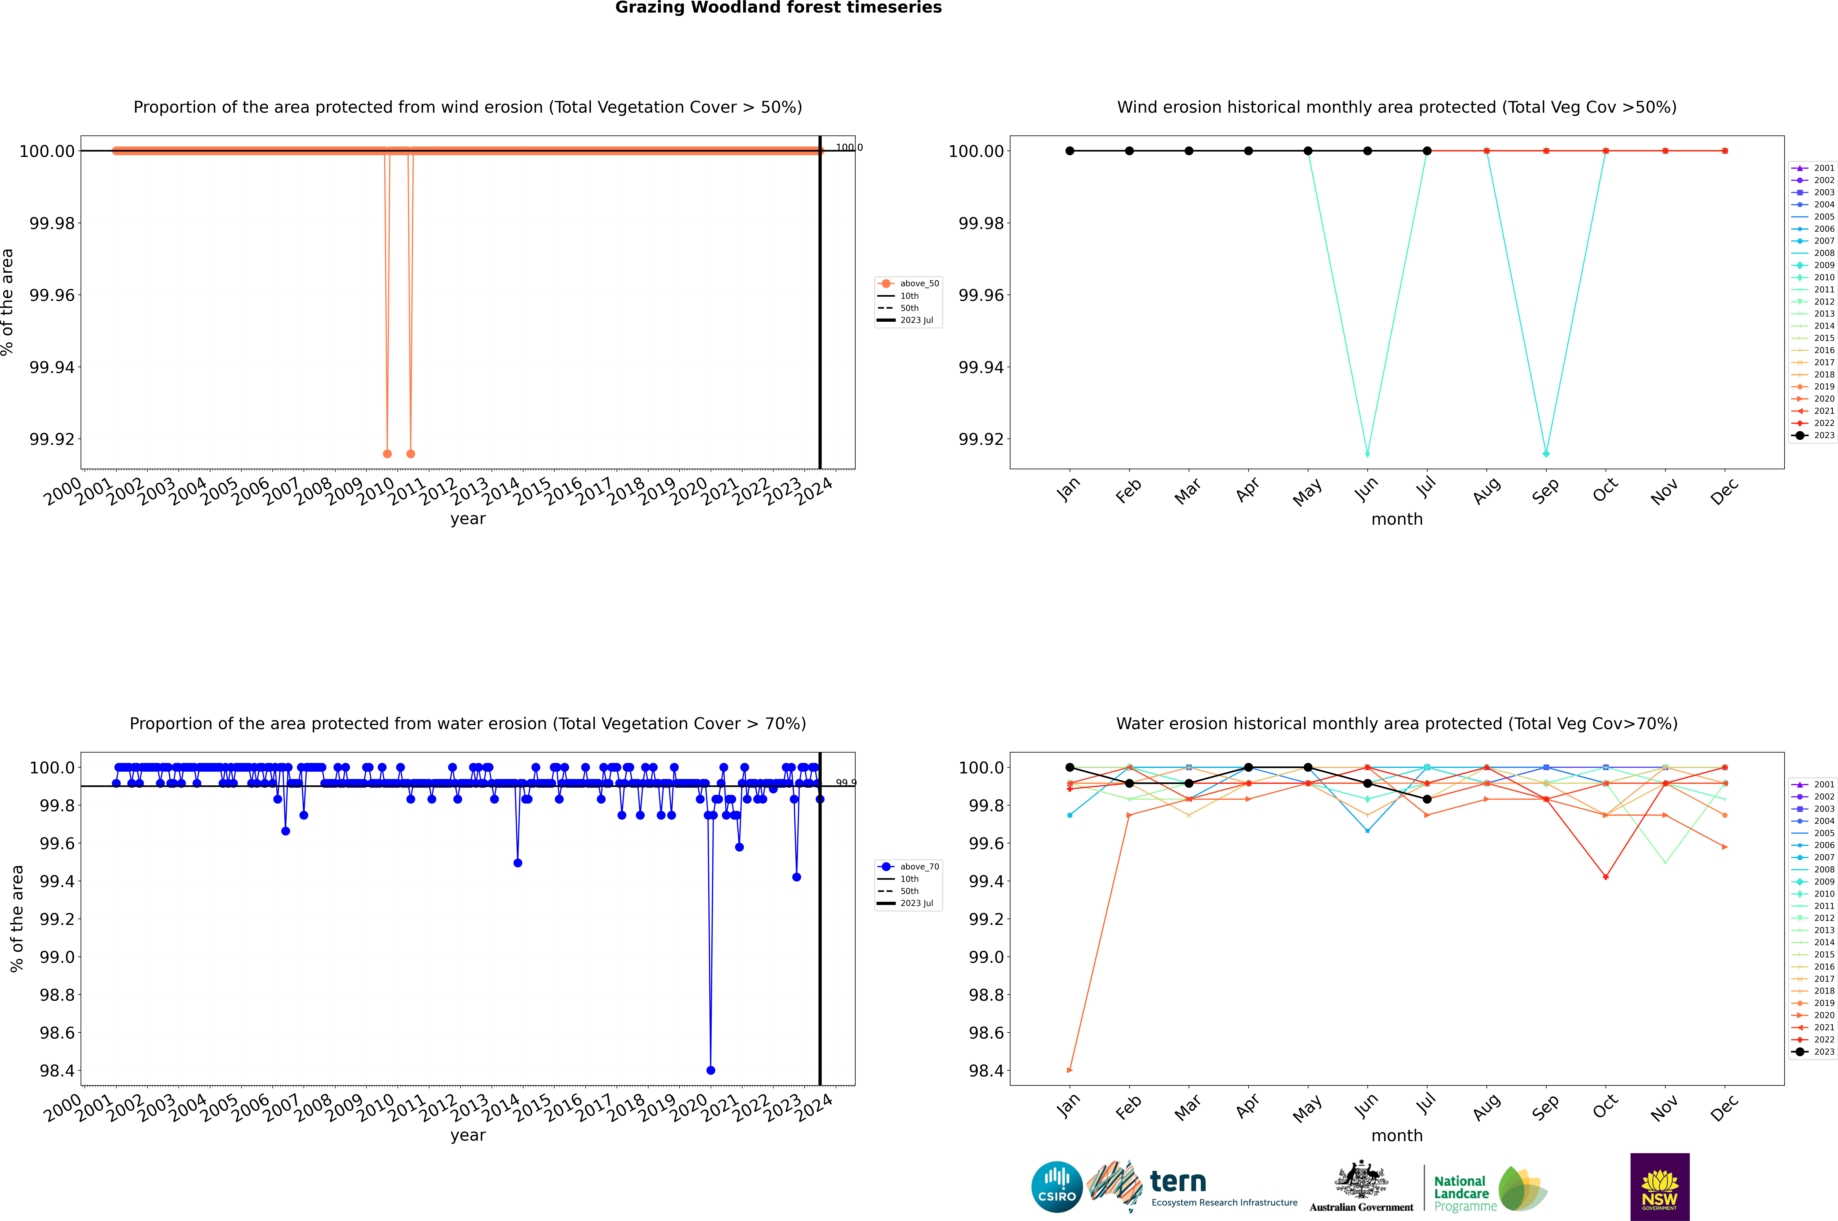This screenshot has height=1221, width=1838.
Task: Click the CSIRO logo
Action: tap(1056, 1187)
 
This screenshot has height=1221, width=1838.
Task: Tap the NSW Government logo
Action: tap(1660, 1187)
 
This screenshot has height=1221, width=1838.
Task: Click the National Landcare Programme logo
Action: tap(1488, 1188)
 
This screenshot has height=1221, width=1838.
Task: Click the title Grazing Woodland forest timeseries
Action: tap(778, 8)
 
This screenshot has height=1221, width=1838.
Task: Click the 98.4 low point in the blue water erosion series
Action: tap(711, 1070)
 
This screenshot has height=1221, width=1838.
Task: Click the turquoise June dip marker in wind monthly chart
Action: tap(1367, 454)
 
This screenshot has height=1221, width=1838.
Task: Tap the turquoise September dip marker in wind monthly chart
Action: tap(1546, 454)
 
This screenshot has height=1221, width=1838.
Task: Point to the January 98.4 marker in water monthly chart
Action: tap(1070, 1070)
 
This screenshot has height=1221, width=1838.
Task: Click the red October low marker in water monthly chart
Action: tap(1606, 877)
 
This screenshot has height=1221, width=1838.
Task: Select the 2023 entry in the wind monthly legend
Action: tap(1815, 435)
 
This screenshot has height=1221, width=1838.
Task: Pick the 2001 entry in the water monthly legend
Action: tap(1815, 784)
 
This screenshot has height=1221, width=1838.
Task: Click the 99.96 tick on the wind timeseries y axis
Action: tap(52, 295)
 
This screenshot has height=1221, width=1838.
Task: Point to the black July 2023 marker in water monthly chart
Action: tap(1427, 799)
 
